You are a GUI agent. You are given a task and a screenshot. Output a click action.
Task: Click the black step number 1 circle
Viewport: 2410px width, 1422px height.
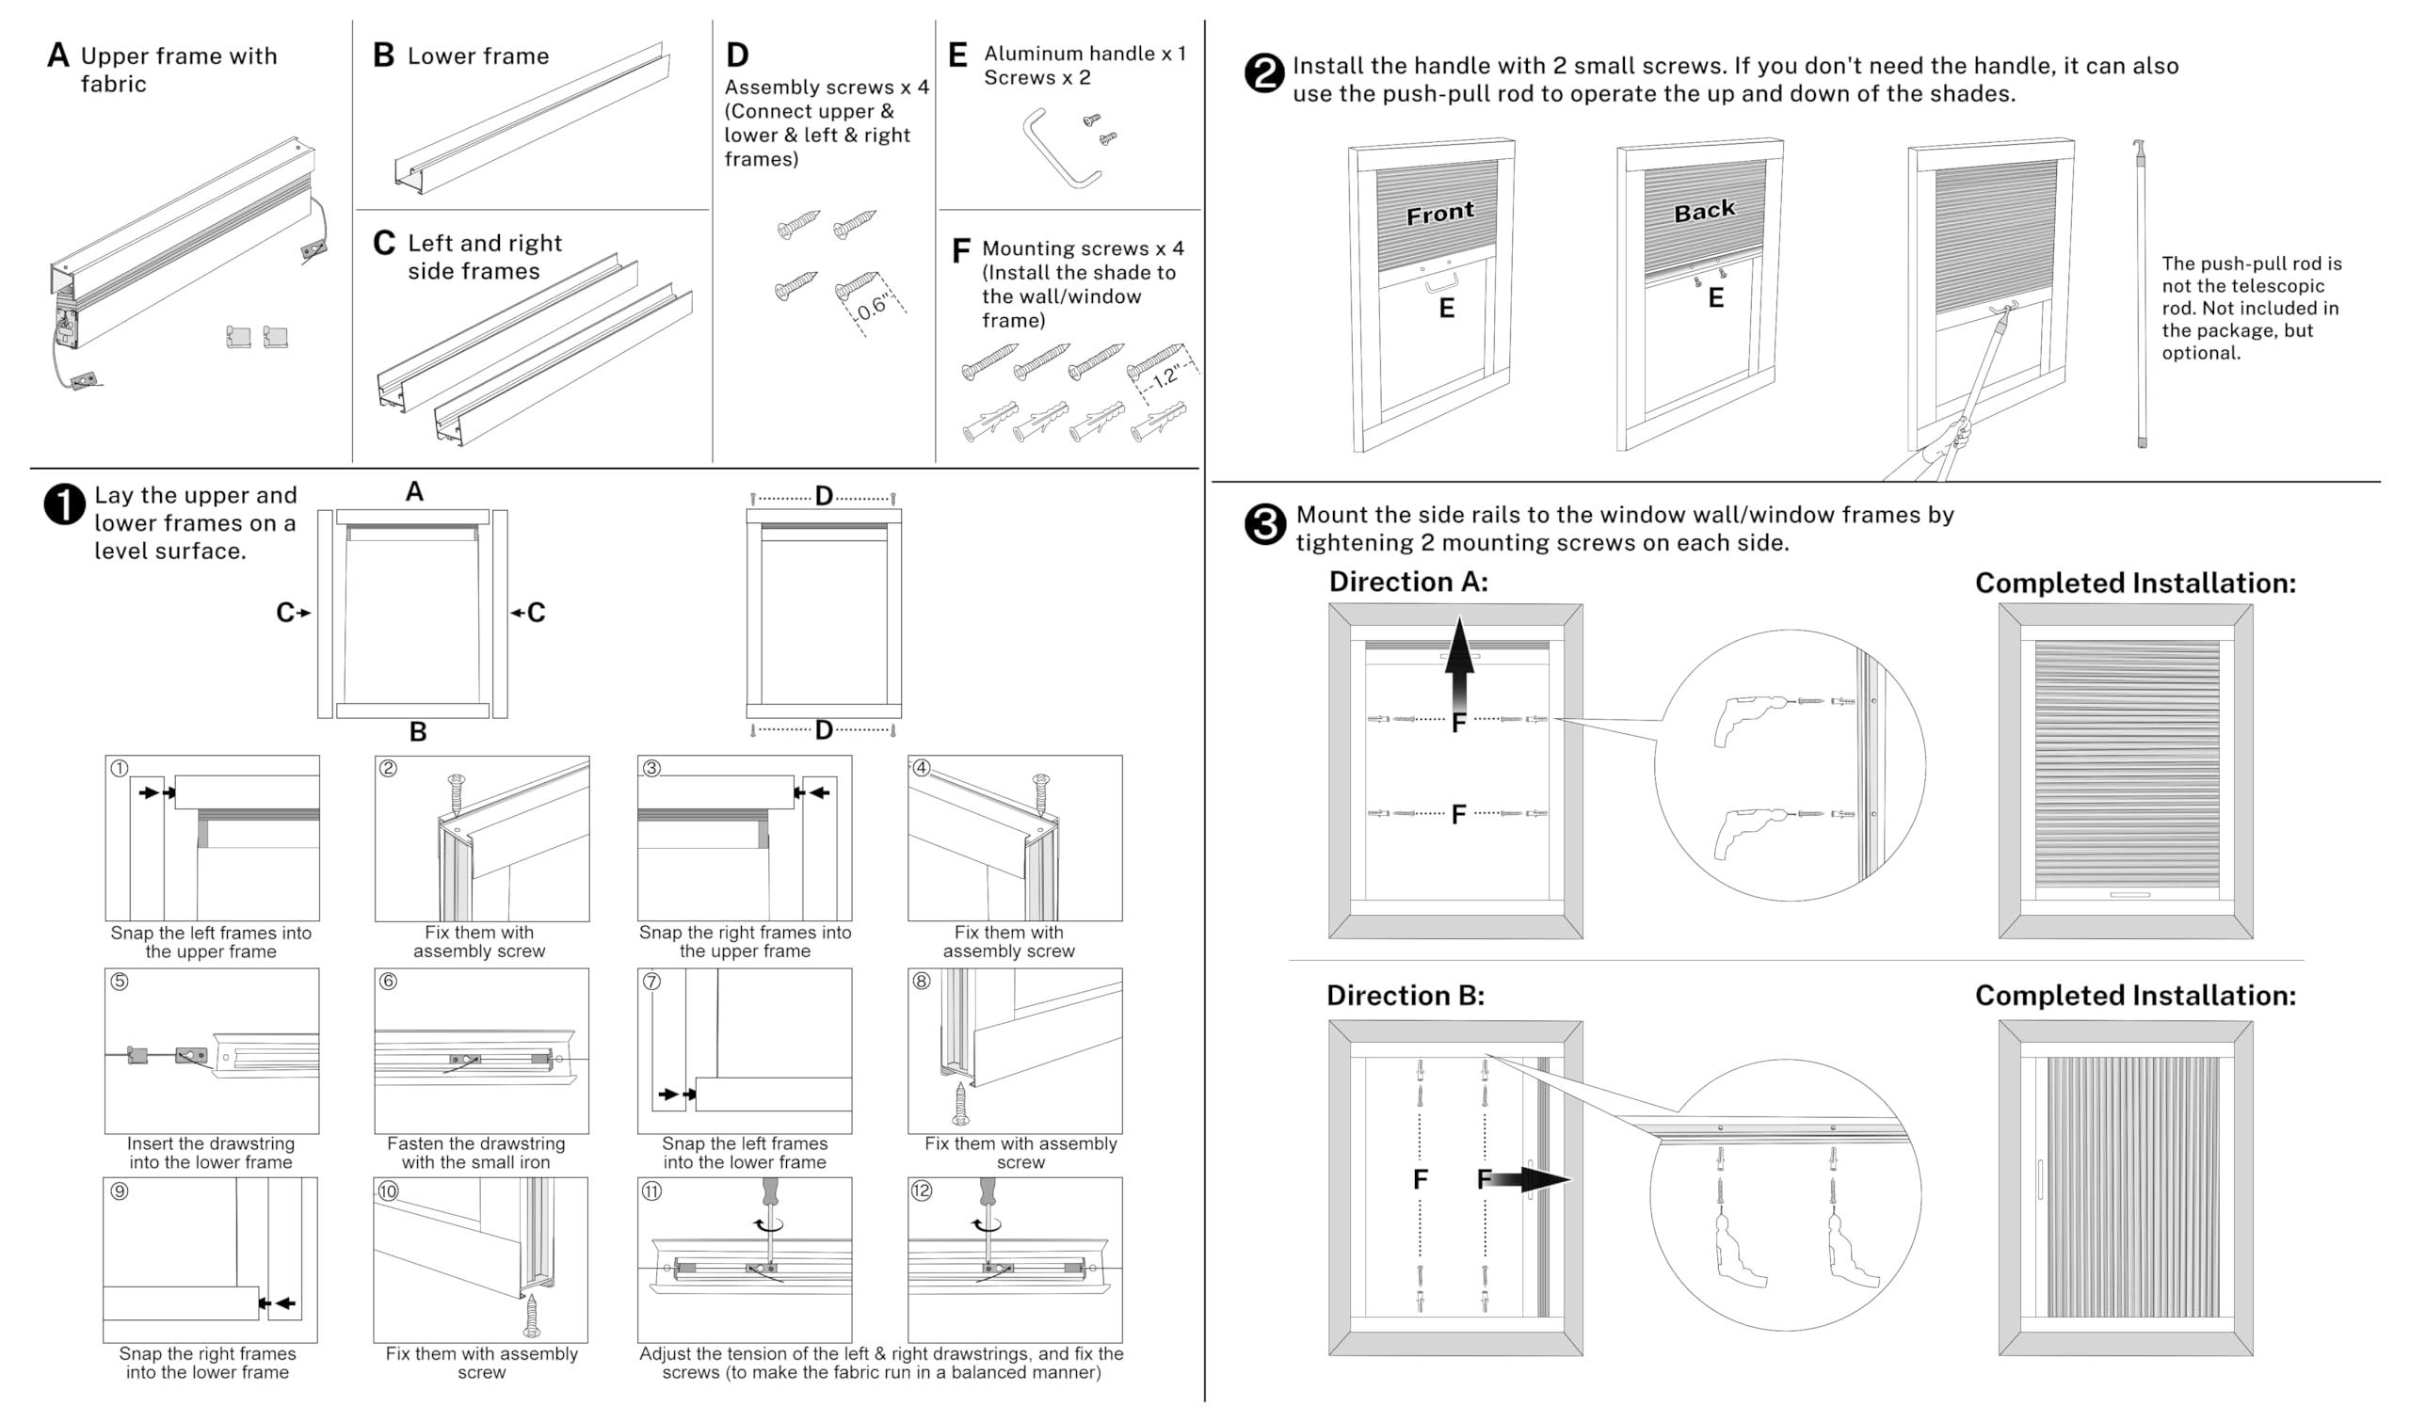64,505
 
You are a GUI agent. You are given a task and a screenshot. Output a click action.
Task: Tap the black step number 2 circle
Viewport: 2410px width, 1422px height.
1263,73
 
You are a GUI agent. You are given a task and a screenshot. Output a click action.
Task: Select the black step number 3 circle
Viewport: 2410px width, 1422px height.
1264,524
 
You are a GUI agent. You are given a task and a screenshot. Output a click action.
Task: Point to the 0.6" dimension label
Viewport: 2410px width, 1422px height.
872,308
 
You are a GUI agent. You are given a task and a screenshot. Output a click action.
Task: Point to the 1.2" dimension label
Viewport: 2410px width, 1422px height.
1166,376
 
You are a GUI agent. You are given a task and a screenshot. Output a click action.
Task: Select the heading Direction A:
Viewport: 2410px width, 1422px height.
1407,582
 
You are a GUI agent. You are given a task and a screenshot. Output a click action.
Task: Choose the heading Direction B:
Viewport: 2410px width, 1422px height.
1405,996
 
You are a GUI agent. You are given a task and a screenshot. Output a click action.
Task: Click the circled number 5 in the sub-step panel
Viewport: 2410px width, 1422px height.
120,982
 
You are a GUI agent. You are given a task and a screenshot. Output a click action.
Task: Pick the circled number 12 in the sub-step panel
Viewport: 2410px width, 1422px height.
921,1191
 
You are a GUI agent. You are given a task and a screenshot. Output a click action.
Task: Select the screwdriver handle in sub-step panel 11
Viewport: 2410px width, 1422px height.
769,1192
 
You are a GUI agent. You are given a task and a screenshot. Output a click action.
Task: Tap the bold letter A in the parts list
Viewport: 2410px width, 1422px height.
58,56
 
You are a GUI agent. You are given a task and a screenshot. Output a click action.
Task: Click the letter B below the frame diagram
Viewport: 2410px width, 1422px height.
418,732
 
